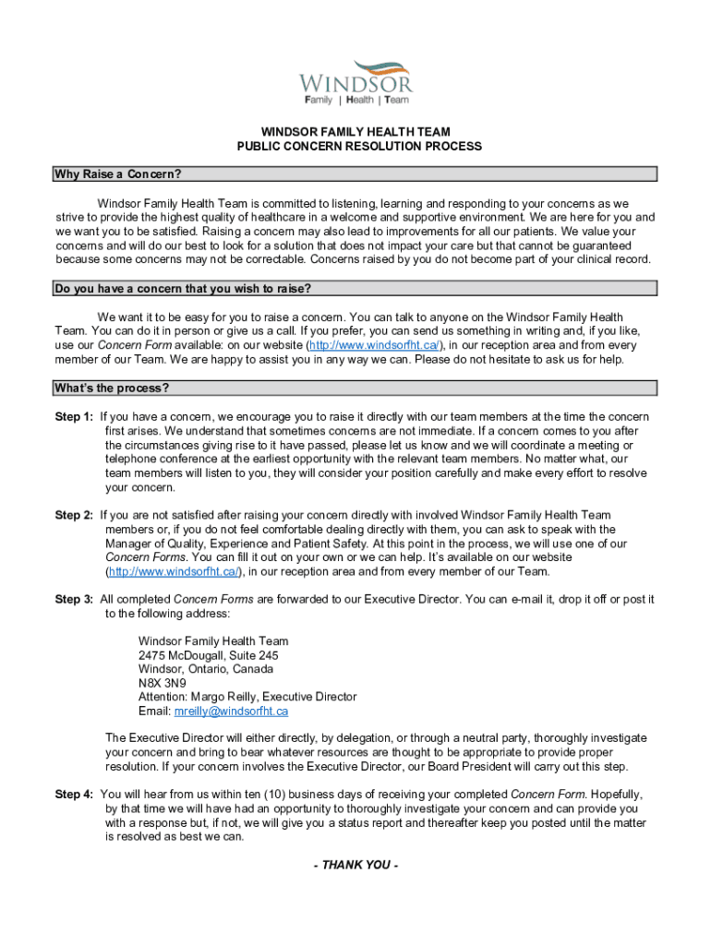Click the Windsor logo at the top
(x=355, y=80)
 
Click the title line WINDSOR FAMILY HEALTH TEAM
(x=355, y=132)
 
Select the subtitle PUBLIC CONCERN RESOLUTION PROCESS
(x=355, y=146)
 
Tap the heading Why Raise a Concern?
(x=117, y=174)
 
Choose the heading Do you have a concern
(x=181, y=289)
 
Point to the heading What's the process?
(x=112, y=388)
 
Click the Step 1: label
(x=74, y=417)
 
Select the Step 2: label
(x=74, y=515)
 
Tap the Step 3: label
(x=74, y=599)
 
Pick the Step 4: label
(x=74, y=795)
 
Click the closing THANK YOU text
(x=355, y=865)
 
